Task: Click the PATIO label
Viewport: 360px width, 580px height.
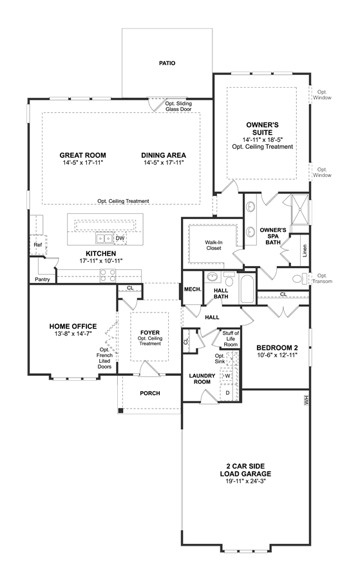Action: [167, 63]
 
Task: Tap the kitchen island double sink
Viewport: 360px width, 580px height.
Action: [104, 238]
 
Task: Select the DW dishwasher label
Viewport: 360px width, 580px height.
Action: [120, 238]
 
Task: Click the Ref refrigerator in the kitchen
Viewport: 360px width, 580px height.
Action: [38, 245]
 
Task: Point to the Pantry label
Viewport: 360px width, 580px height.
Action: [42, 279]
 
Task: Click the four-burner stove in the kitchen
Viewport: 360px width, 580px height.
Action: [108, 276]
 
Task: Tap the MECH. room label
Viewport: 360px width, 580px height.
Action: [193, 289]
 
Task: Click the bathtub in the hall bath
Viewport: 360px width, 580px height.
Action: [247, 289]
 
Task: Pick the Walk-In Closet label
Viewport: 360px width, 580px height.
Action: [214, 246]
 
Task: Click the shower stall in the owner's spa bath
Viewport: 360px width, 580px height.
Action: [300, 209]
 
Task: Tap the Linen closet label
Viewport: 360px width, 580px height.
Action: [305, 251]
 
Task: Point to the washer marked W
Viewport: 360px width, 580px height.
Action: [228, 376]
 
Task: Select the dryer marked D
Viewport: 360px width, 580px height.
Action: [228, 392]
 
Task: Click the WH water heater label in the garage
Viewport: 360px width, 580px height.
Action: [306, 401]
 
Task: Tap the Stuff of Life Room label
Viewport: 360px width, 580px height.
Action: [231, 339]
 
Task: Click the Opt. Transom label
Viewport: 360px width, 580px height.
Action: [322, 278]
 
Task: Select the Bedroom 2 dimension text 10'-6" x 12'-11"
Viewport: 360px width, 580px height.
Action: [277, 354]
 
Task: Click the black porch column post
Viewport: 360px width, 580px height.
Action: [120, 411]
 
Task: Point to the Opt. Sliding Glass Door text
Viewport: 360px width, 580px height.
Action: [178, 106]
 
